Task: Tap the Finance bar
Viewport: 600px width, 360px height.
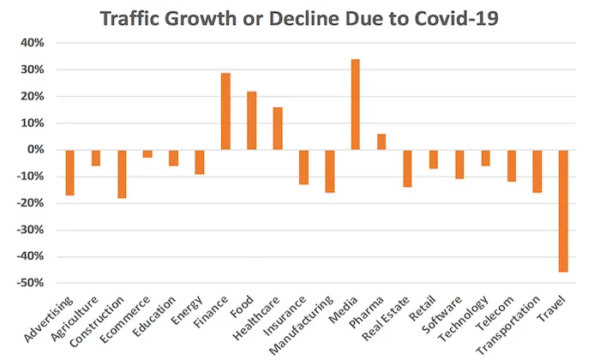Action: tap(225, 111)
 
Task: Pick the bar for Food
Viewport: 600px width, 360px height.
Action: tap(252, 121)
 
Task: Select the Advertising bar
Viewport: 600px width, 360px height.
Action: tap(70, 172)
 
